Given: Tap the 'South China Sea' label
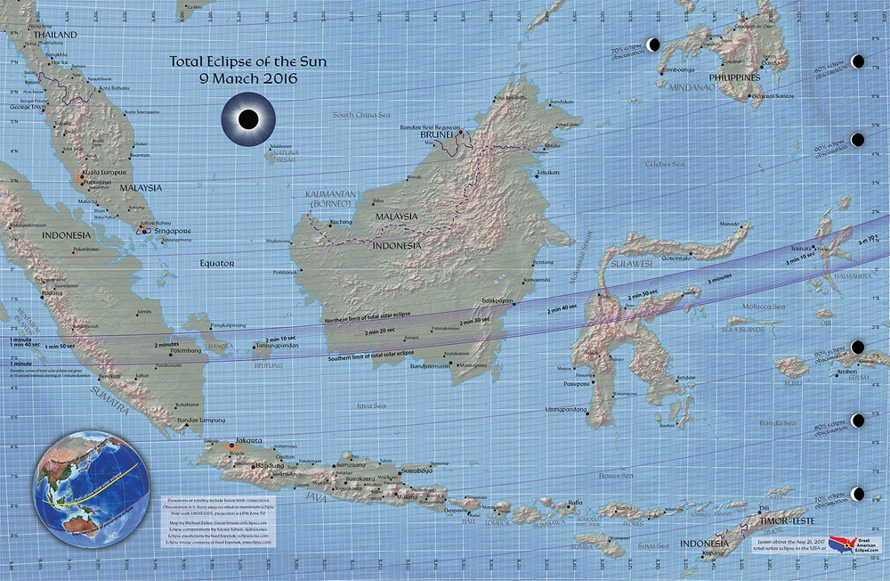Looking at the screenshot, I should [x=362, y=114].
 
